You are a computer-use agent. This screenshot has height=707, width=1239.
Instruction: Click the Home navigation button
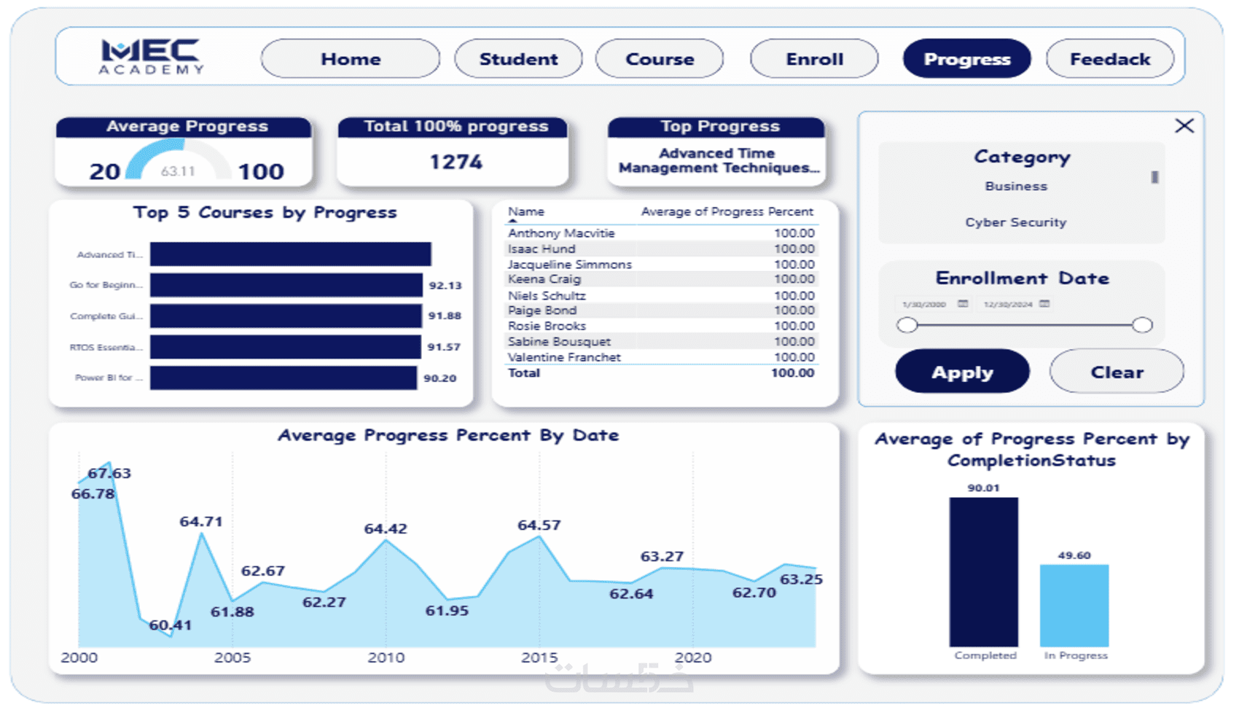351,59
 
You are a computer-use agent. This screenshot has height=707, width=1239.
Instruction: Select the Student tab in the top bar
518,59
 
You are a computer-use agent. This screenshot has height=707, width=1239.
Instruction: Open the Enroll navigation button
814,59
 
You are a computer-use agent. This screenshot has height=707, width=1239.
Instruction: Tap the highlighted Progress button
966,59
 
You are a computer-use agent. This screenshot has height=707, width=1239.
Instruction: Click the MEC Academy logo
152,57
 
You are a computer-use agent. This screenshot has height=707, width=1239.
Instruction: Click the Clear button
1117,372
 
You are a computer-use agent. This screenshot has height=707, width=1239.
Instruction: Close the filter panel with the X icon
1184,125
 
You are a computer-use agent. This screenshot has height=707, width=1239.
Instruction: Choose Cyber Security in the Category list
1015,222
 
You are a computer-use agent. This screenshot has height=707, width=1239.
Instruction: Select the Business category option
1015,187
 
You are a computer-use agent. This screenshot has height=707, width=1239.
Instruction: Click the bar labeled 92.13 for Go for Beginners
286,285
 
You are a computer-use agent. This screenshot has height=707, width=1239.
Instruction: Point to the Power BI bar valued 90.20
283,378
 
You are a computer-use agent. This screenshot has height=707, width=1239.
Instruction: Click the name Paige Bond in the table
542,310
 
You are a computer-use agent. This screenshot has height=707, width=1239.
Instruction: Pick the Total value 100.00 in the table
792,373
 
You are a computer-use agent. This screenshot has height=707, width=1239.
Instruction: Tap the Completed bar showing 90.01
983,571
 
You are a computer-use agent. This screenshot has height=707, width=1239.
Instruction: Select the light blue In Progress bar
1074,605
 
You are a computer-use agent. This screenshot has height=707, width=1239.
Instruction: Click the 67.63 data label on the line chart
109,473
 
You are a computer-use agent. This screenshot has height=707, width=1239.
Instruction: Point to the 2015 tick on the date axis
539,657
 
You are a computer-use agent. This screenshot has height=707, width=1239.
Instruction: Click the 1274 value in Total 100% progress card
456,162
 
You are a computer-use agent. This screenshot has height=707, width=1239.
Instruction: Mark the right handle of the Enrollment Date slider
1142,325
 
